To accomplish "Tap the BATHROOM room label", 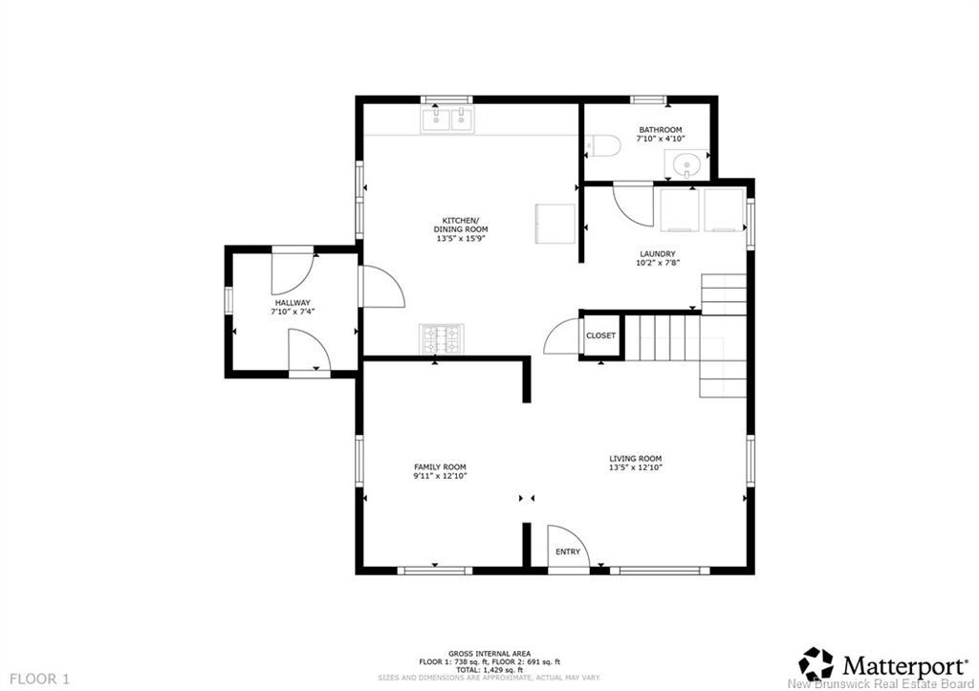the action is point(660,130).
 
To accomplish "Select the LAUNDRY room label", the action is point(658,254).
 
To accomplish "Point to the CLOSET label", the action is point(600,335).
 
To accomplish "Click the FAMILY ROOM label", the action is point(440,467).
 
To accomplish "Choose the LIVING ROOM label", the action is point(636,459).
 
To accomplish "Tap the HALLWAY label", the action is point(293,303).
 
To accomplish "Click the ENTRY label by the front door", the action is point(568,551).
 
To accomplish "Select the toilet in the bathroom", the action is point(602,146).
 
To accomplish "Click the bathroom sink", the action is point(686,164).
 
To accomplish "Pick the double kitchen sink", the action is point(447,119).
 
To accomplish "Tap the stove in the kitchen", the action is point(442,339).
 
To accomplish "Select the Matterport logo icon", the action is point(816,663).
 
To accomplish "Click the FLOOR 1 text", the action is point(40,679).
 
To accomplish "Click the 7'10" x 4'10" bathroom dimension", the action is point(661,139).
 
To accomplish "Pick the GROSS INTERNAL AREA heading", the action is point(489,654).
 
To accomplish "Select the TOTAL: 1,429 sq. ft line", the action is point(489,670).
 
